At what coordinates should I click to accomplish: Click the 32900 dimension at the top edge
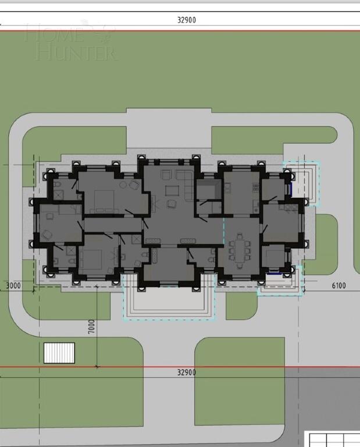pos(186,20)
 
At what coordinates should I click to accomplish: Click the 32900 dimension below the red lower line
pos(186,372)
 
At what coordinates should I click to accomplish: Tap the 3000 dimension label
pos(13,285)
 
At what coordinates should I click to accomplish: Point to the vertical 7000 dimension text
pos(92,327)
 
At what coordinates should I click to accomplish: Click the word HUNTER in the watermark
pos(76,53)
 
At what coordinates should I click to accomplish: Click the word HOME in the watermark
pos(54,34)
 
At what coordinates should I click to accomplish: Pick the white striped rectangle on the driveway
pos(59,353)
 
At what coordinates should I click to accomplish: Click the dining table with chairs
pos(239,250)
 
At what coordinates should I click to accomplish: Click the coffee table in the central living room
pos(172,190)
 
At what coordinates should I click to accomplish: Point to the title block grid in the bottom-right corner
pos(333,439)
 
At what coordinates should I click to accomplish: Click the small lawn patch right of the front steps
pos(241,306)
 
